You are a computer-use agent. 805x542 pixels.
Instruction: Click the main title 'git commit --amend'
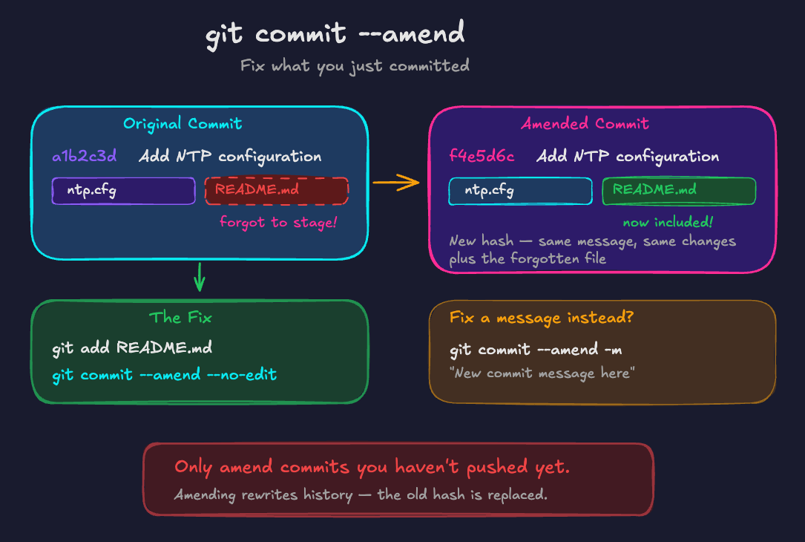click(335, 33)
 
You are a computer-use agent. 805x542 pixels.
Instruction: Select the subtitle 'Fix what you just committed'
click(355, 66)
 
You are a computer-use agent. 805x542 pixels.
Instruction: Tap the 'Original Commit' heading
click(183, 124)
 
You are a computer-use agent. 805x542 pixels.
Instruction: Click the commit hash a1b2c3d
click(84, 157)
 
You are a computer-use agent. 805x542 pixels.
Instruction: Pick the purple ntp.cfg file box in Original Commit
click(123, 191)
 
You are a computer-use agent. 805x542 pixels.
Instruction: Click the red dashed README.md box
click(277, 191)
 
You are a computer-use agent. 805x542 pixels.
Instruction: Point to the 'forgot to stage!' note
click(277, 221)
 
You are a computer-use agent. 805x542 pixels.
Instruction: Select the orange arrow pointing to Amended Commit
click(395, 183)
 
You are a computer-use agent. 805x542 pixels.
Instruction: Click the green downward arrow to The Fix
click(200, 277)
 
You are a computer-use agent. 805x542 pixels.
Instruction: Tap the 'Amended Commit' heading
click(585, 124)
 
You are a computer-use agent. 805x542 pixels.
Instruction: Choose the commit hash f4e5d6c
click(482, 157)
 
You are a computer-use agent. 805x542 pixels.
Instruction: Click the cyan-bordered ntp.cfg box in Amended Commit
click(520, 191)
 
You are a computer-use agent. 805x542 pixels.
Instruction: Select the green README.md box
click(679, 191)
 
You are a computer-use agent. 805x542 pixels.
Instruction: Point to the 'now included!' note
click(668, 222)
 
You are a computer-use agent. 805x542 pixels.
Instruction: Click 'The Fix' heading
click(180, 318)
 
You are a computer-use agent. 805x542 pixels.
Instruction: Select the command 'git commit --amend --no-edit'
click(164, 374)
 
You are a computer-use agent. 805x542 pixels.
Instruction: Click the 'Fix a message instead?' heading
click(542, 318)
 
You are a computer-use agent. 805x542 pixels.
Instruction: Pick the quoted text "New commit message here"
click(541, 373)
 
